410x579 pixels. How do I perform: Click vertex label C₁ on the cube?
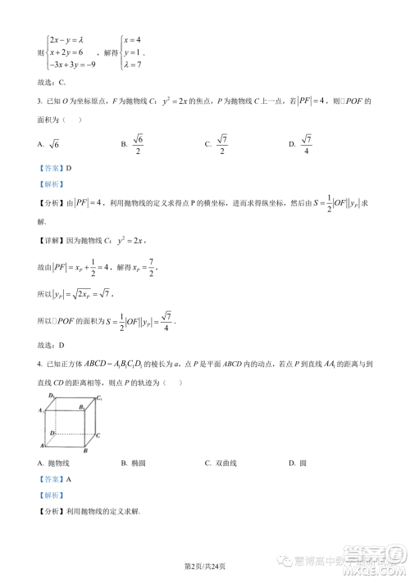(x=99, y=398)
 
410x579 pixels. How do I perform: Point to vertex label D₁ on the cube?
(x=52, y=396)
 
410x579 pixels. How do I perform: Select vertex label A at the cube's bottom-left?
(x=39, y=446)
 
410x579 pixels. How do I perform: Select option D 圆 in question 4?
(x=298, y=464)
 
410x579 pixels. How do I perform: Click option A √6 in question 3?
(x=52, y=144)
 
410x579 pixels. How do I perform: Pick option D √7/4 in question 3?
(x=300, y=144)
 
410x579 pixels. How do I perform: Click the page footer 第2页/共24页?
(x=204, y=566)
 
